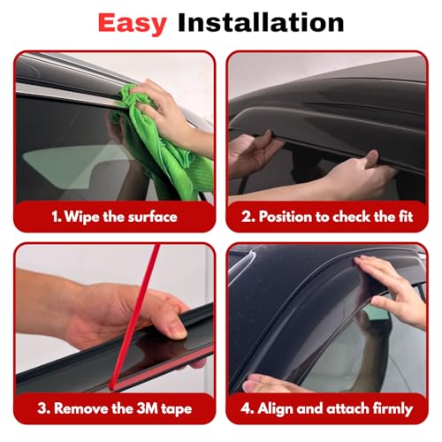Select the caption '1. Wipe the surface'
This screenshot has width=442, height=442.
[113, 217]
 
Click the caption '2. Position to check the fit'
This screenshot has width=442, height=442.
[328, 217]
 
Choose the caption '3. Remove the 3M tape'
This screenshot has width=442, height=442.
[113, 408]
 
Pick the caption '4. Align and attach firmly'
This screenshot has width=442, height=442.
[328, 408]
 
